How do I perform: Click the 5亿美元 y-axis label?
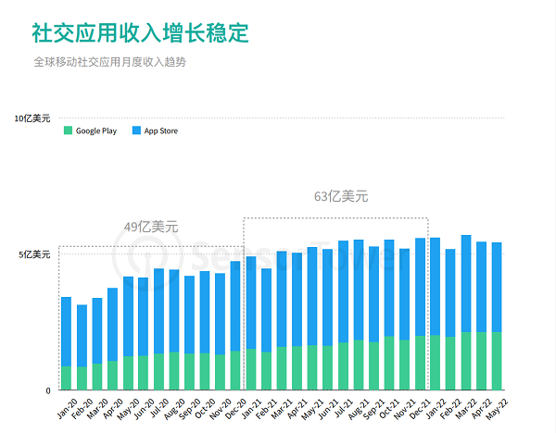pos(35,254)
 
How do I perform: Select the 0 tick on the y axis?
pos(48,390)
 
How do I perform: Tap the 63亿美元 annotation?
pos(341,196)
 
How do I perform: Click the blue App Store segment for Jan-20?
pos(66,331)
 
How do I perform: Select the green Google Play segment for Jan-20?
pos(66,377)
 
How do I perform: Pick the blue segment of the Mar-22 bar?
pos(466,283)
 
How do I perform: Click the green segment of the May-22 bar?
pos(497,361)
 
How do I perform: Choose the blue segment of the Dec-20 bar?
pos(235,305)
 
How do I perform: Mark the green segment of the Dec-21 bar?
pos(421,363)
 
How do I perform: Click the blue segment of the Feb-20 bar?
pos(82,335)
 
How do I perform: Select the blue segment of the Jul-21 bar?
pos(343,291)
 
